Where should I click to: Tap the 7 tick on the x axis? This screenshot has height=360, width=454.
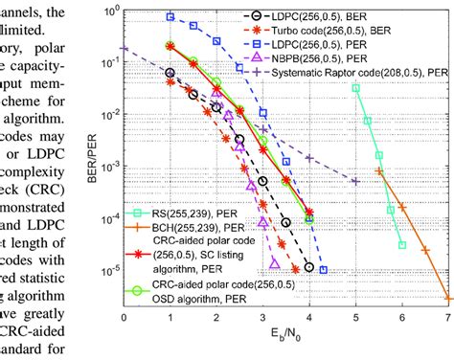[x=448, y=317]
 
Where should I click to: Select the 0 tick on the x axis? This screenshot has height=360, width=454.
[x=123, y=317]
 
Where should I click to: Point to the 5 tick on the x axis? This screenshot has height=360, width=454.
[x=355, y=317]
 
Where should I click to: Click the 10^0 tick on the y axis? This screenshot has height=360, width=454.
[x=108, y=11]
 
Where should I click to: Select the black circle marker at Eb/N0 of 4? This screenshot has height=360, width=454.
[x=308, y=267]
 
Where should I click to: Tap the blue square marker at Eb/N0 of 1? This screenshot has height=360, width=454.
[x=170, y=17]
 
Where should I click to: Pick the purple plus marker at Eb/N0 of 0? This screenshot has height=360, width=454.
[x=124, y=48]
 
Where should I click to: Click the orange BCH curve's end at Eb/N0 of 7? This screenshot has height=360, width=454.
[x=447, y=298]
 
